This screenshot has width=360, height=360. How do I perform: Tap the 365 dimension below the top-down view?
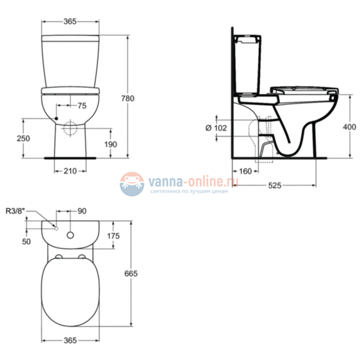click(70, 341)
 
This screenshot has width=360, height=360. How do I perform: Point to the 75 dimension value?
click(81, 106)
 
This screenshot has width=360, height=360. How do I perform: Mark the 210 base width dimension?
click(70, 171)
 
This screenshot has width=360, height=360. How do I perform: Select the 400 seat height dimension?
click(349, 127)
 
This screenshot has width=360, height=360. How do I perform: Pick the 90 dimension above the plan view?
click(82, 210)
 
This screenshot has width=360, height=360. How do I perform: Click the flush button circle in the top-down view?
click(70, 235)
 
